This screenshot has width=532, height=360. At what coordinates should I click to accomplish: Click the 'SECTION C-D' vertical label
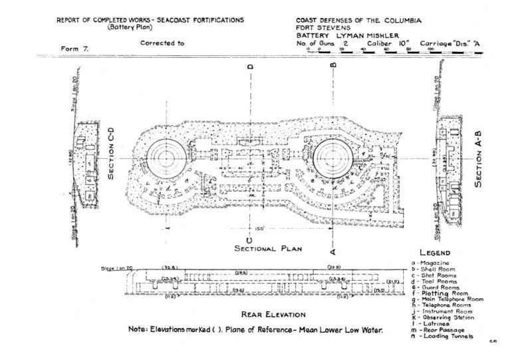click(x=111, y=158)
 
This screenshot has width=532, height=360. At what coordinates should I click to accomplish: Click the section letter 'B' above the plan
click(x=332, y=65)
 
